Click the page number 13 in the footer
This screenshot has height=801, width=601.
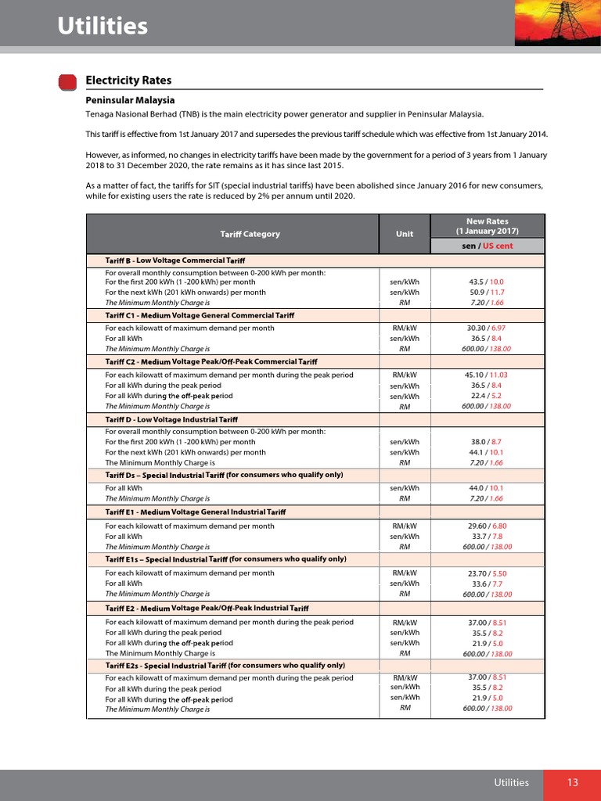[x=573, y=782]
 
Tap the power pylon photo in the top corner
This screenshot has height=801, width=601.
[x=557, y=23]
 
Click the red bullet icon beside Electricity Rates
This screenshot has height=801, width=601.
[x=68, y=81]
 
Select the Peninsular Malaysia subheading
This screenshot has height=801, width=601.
[x=130, y=100]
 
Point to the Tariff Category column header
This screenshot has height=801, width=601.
[x=250, y=234]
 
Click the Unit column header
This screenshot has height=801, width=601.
[x=405, y=234]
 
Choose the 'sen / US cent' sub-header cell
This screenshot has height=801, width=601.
[x=487, y=246]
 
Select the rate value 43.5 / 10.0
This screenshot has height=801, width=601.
[x=486, y=282]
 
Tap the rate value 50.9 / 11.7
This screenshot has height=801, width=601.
[x=486, y=292]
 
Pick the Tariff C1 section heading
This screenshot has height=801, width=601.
[x=200, y=315]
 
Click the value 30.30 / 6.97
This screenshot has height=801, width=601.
[x=486, y=329]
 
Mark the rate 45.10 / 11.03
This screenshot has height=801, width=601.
[x=486, y=375]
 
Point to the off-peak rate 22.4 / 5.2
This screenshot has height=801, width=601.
[x=486, y=396]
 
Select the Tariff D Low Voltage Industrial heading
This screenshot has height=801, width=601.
[x=177, y=421]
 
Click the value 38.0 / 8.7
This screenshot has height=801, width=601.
[x=486, y=441]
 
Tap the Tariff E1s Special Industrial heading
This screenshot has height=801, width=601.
[x=225, y=559]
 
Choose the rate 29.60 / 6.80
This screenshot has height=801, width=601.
[x=486, y=526]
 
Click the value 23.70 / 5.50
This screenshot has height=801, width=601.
[x=486, y=573]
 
